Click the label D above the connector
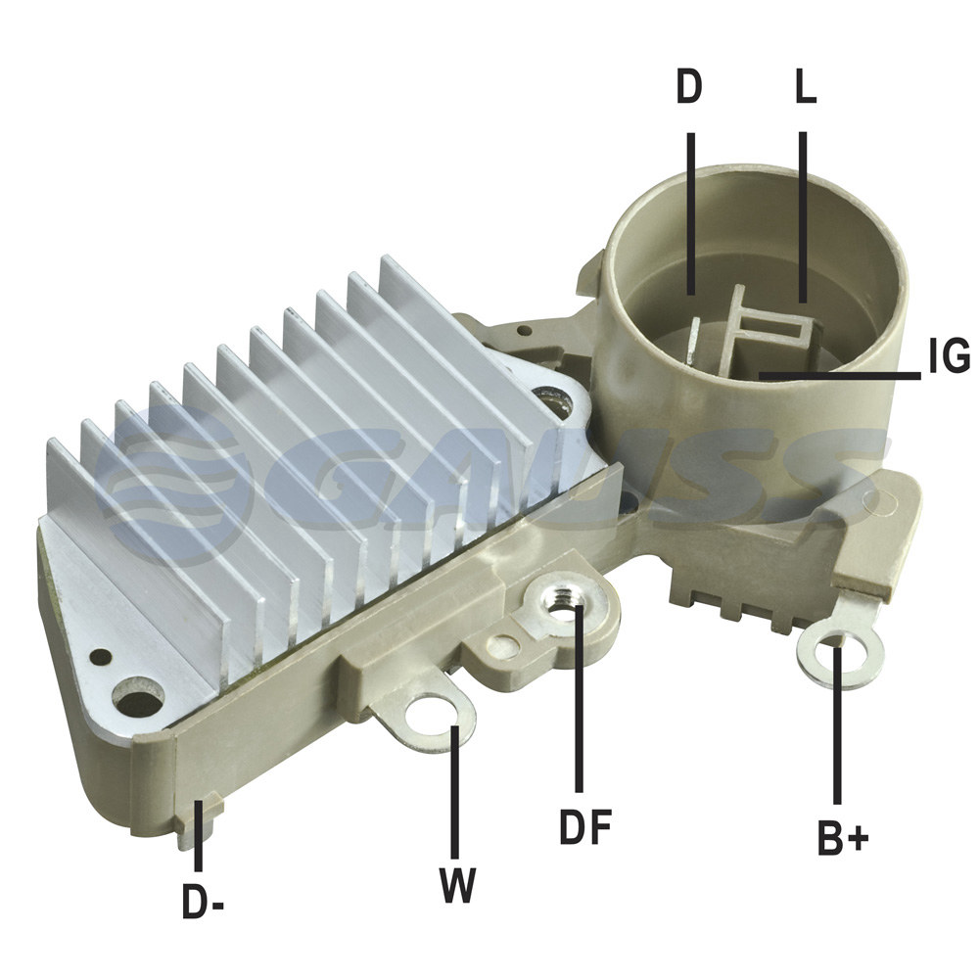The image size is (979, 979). tap(689, 87)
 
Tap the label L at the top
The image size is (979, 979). tap(806, 87)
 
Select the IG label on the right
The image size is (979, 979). tap(950, 356)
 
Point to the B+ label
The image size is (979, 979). tap(842, 838)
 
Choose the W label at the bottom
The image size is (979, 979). tap(458, 885)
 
